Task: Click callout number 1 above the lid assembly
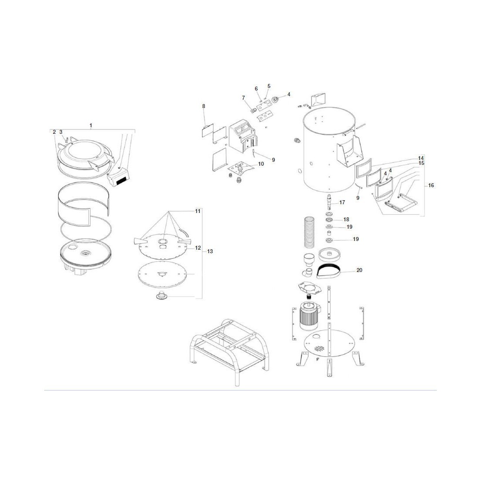pos(91,125)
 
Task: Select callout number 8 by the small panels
pos(204,106)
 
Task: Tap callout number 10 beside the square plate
pos(261,164)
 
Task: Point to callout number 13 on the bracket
pos(210,251)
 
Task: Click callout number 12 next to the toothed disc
pos(198,248)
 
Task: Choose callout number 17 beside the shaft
pos(342,202)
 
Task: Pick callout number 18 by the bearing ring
pos(346,220)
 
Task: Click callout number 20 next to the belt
pos(359,270)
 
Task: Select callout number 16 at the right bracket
pos(431,185)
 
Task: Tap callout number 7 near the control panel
pos(244,98)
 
